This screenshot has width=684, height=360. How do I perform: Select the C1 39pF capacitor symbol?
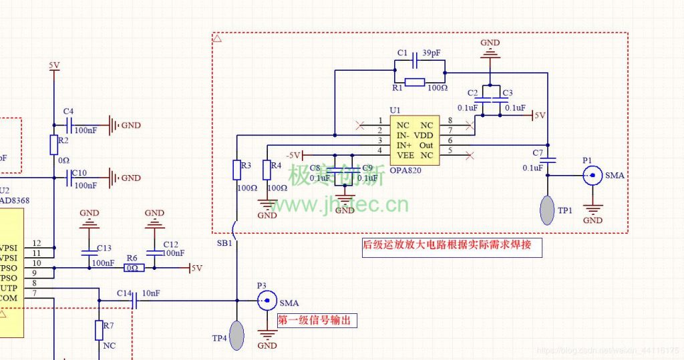tap(415, 61)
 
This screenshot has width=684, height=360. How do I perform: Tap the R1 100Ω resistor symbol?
tap(414, 82)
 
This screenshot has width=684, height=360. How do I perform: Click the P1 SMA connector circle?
tap(591, 176)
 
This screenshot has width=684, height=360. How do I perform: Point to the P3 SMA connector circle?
tap(267, 301)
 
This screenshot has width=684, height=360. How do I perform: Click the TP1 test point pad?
tap(548, 210)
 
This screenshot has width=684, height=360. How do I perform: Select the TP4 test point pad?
tap(236, 335)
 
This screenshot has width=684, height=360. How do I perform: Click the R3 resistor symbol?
tap(236, 170)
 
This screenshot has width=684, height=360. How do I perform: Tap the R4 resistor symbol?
tap(267, 170)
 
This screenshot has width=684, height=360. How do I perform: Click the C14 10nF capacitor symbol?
tap(134, 301)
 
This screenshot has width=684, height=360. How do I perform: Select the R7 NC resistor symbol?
tap(99, 330)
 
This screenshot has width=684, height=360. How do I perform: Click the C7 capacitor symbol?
tap(548, 160)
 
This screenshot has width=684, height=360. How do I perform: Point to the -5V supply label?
tap(294, 155)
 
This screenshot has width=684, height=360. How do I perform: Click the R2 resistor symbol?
tap(53, 144)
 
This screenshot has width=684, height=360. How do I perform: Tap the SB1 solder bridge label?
tap(225, 243)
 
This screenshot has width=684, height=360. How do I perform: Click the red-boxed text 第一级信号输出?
tap(317, 321)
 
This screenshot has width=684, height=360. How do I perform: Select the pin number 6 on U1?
tap(450, 141)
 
